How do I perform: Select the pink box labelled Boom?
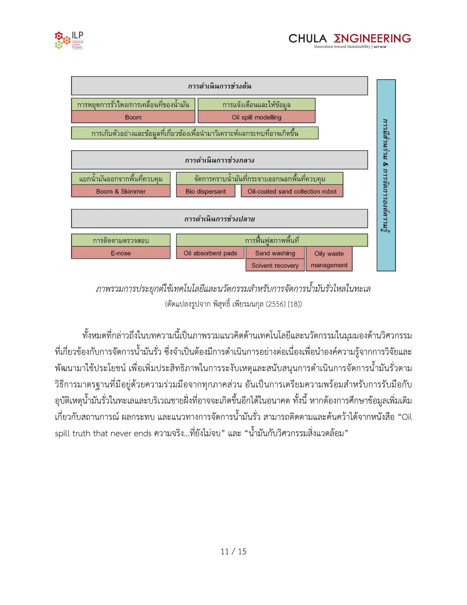(133, 117)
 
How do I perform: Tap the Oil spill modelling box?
(256, 117)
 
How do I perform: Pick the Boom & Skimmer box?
(121, 191)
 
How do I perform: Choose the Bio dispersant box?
(206, 191)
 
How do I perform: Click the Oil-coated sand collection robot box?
(292, 191)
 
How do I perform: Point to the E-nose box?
(121, 253)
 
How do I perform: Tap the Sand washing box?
(275, 253)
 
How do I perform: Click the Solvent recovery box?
(275, 265)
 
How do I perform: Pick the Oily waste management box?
(329, 259)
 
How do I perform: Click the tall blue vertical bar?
(386, 175)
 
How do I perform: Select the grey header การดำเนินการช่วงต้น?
(219, 86)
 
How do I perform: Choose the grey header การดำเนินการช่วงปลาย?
(219, 219)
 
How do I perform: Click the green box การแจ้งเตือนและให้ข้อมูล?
(256, 104)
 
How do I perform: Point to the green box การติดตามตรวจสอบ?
(121, 240)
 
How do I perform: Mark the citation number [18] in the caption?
(295, 304)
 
